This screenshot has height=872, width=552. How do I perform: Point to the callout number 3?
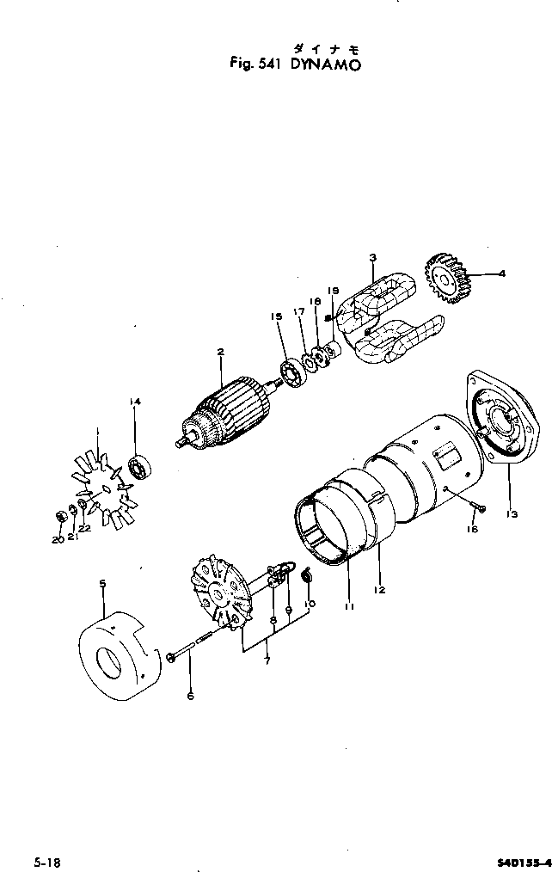pyautogui.click(x=372, y=257)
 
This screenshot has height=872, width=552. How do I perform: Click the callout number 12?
pyautogui.click(x=379, y=590)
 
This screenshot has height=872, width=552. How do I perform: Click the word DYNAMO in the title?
pyautogui.click(x=313, y=63)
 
